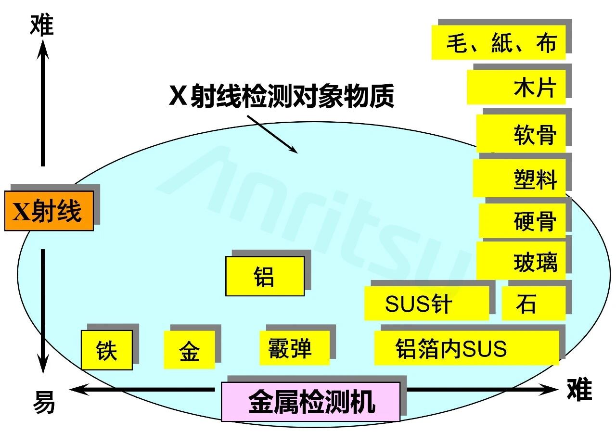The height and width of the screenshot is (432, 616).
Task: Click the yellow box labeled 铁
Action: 106,350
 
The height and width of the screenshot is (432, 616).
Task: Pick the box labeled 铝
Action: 265,276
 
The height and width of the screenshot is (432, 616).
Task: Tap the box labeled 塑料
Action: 519,178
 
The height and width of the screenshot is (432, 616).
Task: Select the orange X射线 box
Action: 49,211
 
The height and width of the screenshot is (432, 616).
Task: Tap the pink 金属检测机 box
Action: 310,402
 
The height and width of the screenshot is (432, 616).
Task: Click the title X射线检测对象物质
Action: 282,96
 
